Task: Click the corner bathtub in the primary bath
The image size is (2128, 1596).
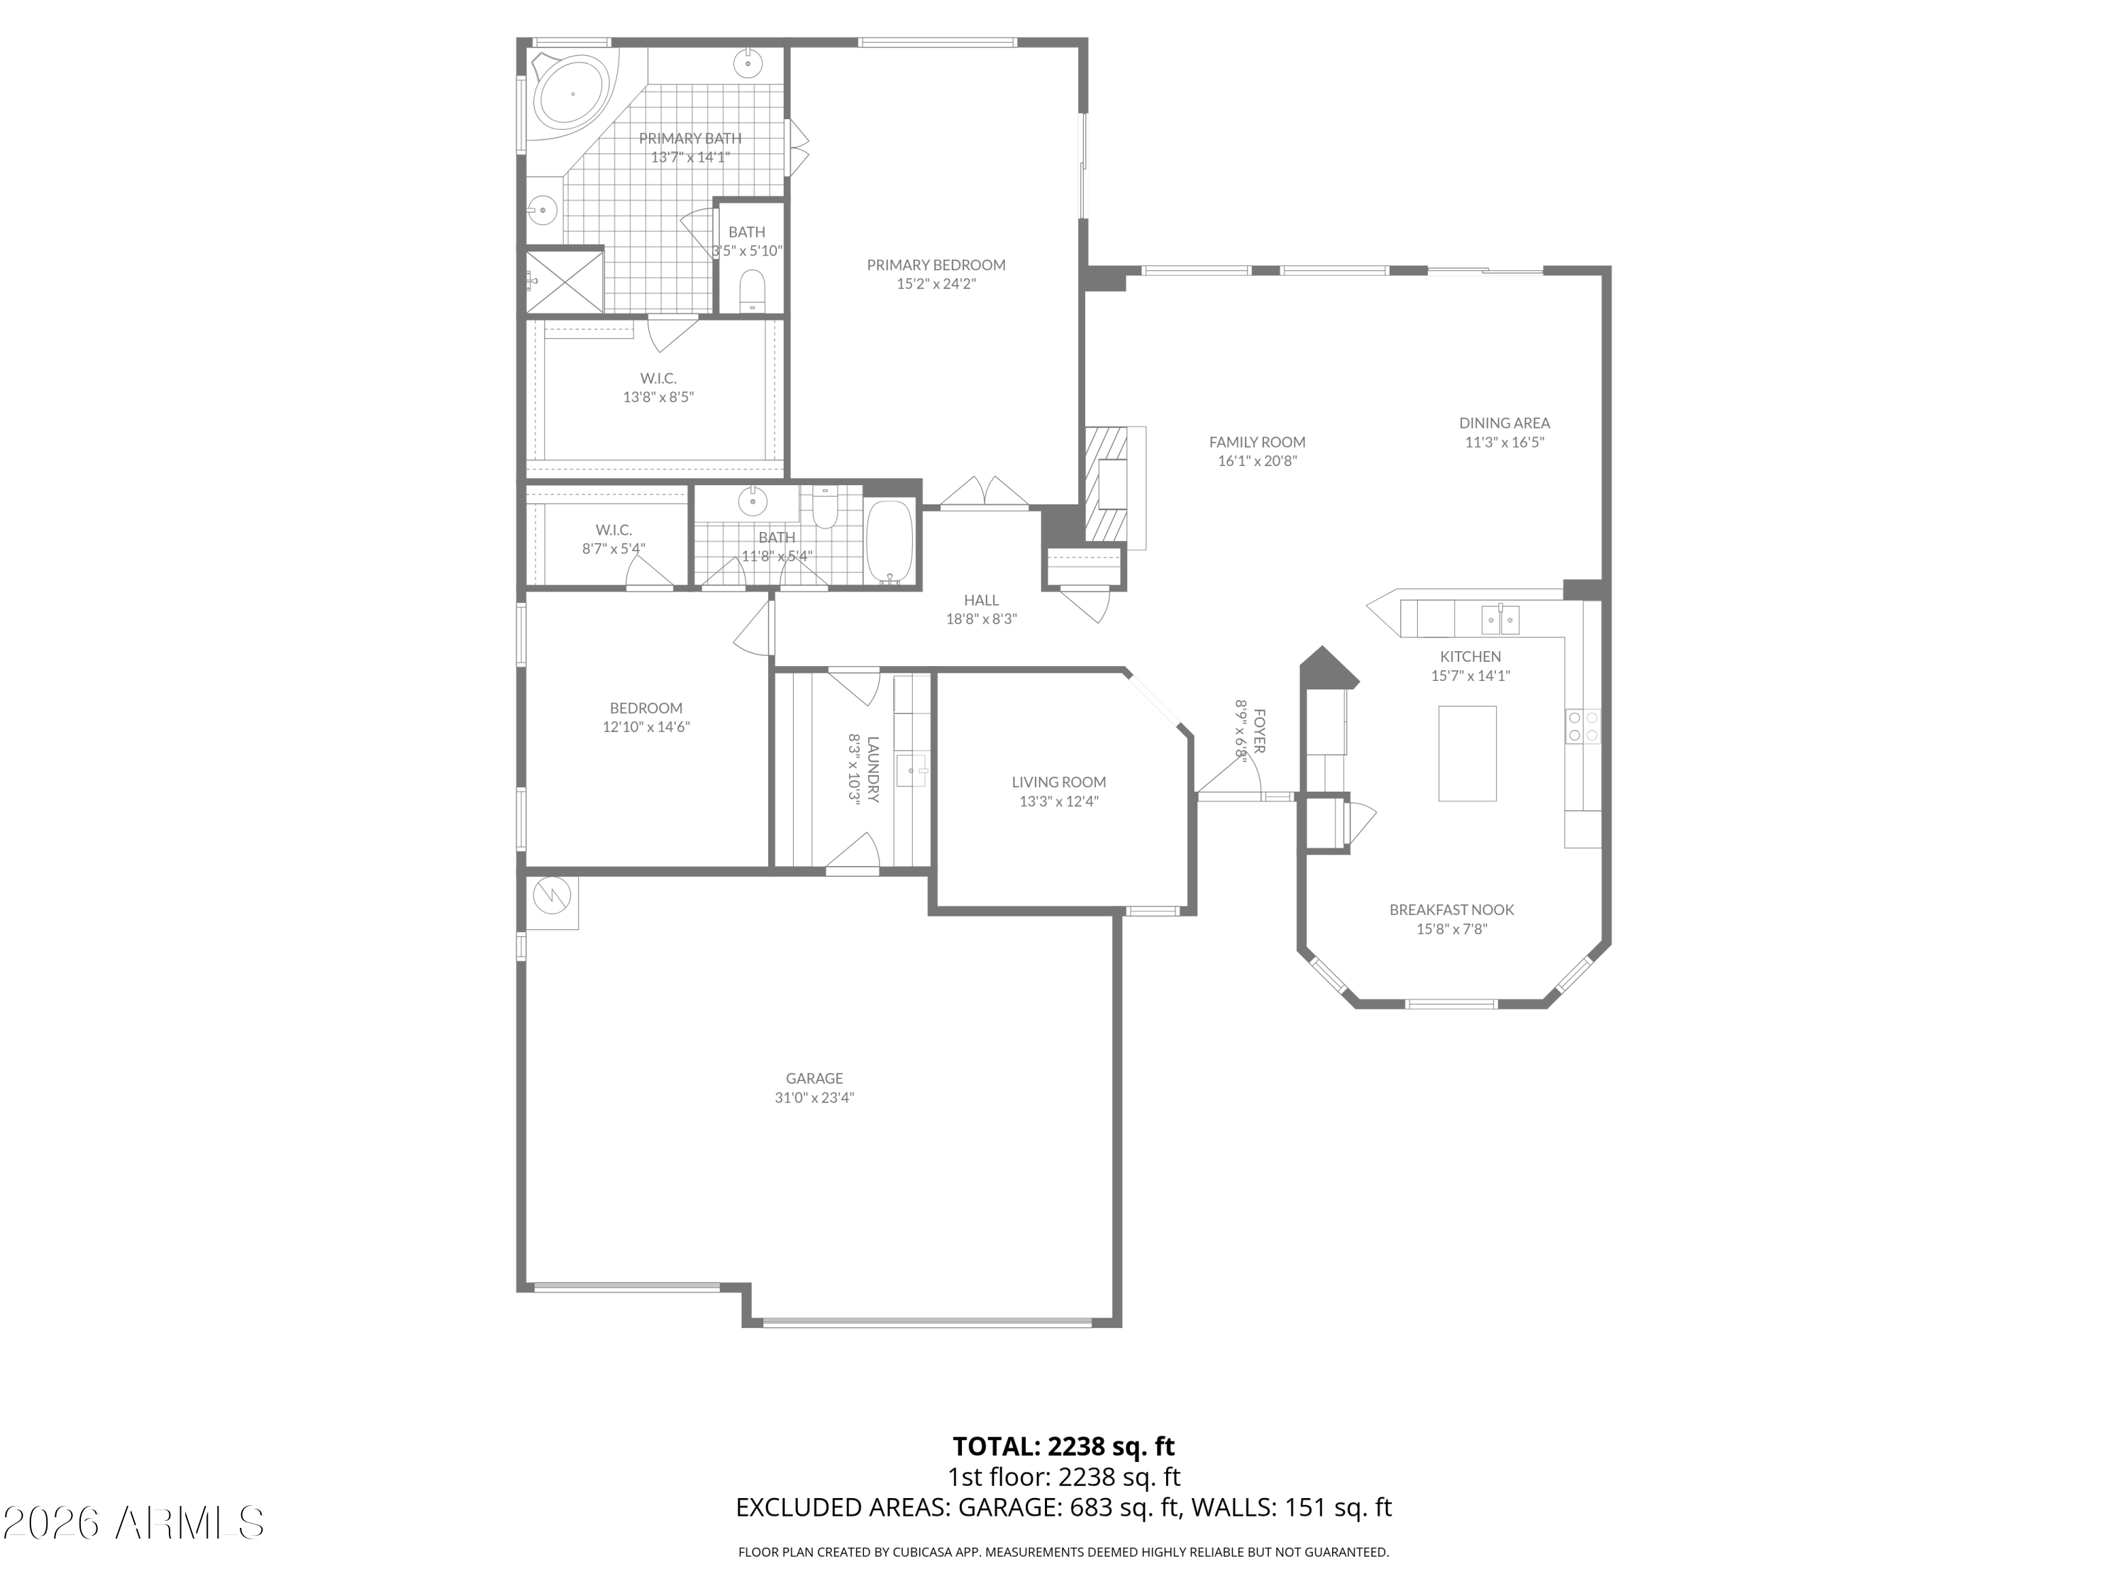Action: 572,94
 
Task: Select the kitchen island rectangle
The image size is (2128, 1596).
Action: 1467,753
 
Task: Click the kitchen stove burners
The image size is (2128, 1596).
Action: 1583,726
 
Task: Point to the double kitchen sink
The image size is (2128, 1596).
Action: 1500,619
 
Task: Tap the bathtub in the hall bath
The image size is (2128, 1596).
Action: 890,542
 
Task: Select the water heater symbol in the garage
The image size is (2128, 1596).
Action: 552,897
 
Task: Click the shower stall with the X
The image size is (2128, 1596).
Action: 565,280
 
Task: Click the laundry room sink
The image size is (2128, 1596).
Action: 910,770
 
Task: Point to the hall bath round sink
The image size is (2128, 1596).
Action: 753,501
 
